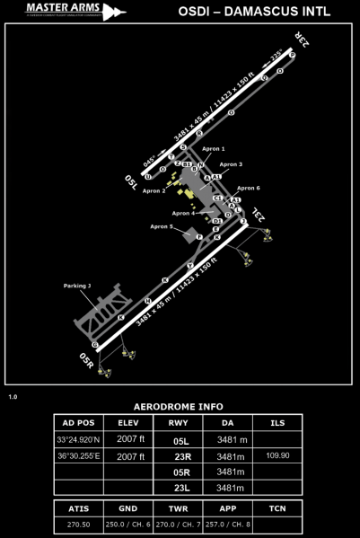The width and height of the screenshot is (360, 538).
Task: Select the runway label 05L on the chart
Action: click(x=132, y=183)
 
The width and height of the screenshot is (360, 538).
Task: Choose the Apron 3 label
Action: click(x=231, y=164)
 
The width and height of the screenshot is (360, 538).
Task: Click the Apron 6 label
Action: click(x=246, y=188)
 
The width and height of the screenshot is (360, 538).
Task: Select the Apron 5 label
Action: click(x=162, y=226)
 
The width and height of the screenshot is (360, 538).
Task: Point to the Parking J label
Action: click(x=77, y=286)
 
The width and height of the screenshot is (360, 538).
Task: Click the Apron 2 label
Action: click(x=154, y=190)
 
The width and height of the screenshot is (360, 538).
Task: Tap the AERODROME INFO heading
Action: click(x=180, y=405)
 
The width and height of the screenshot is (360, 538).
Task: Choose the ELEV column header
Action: click(x=128, y=423)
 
